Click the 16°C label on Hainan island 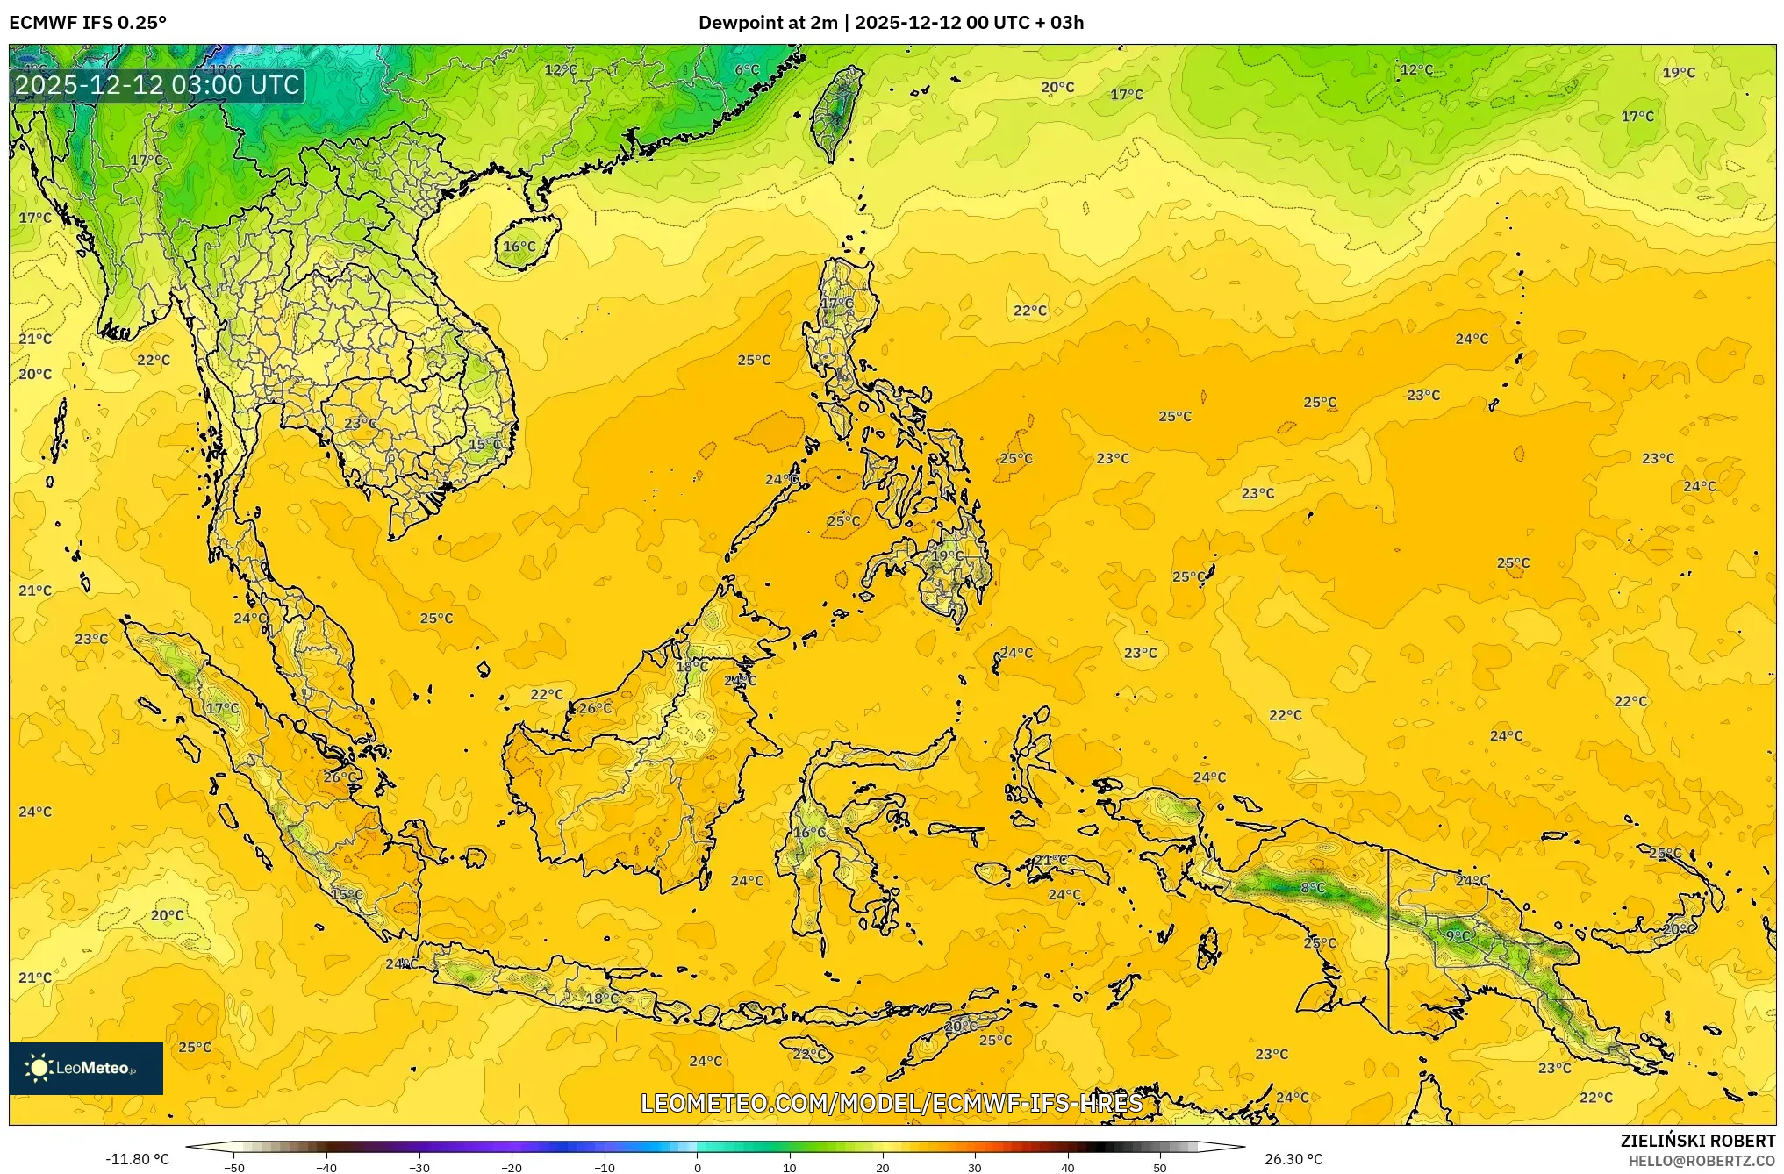coord(519,247)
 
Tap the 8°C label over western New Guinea coord(1312,888)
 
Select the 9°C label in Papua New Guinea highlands coord(1458,936)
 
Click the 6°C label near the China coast coord(747,70)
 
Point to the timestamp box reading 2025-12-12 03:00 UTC coord(157,85)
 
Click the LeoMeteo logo coord(86,1068)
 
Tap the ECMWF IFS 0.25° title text coord(88,23)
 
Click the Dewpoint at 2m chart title coord(891,23)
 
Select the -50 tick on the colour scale coord(233,1168)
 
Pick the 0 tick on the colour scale coord(698,1168)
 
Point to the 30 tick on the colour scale coord(975,1168)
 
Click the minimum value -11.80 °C coord(138,1159)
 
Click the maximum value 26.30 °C coord(1293,1159)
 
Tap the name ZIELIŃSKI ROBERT coord(1697,1141)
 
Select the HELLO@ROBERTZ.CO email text coord(1702,1161)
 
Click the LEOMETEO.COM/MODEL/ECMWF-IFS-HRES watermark coord(892,1103)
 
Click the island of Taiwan coord(835,110)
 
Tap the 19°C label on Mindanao coord(947,555)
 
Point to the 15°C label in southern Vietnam coord(484,445)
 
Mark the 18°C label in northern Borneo coord(691,667)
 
